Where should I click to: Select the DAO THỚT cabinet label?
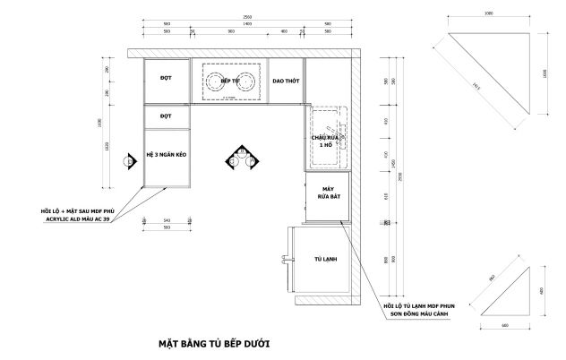point(286,80)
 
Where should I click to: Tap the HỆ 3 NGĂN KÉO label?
point(167,155)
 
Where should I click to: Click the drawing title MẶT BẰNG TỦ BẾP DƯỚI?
point(208,342)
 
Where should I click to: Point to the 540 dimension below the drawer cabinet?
point(167,220)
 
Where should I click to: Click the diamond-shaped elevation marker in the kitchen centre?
point(239,158)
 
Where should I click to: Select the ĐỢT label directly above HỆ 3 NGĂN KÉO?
point(166,116)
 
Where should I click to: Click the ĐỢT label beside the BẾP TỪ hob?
point(166,79)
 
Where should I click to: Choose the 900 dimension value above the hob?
point(231,32)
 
